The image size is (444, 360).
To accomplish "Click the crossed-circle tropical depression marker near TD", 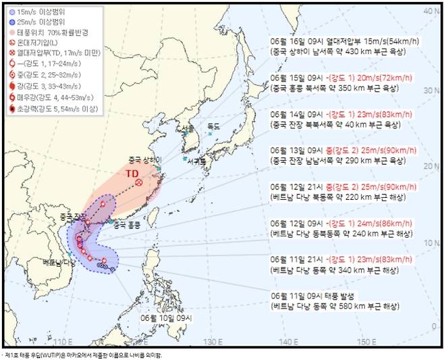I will [x=139, y=182].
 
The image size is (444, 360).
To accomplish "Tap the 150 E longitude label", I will [x=366, y=341].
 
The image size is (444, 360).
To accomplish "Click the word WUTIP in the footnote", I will [x=57, y=354].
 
